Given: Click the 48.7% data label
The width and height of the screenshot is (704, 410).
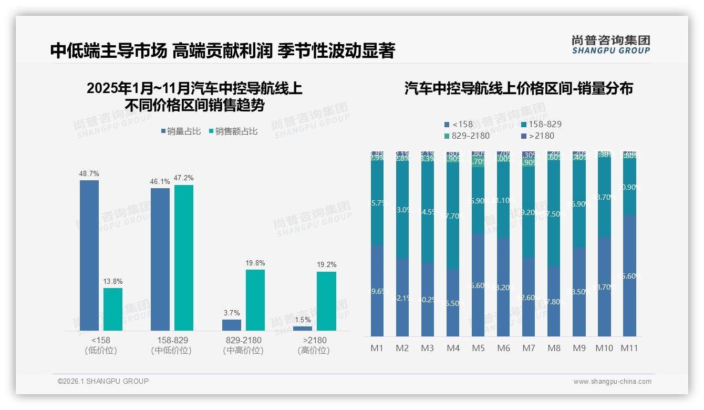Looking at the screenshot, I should click(x=89, y=173).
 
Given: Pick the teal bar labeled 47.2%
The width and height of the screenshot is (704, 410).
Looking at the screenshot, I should click(x=184, y=258).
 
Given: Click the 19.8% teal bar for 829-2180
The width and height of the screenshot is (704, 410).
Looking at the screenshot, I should click(x=255, y=300).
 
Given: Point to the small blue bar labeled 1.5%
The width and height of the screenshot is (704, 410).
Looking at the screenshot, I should click(x=303, y=329).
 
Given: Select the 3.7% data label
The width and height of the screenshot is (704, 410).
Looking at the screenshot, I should click(x=232, y=313).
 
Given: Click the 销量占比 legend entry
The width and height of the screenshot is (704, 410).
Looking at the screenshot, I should click(x=181, y=131).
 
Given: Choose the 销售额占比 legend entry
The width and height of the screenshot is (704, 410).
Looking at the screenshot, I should click(x=233, y=131).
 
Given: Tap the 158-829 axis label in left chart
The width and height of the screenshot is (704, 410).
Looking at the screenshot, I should click(x=172, y=340).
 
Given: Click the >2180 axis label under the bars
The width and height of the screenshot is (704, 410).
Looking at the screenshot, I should click(x=314, y=340).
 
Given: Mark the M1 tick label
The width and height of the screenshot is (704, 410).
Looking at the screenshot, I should click(x=377, y=348).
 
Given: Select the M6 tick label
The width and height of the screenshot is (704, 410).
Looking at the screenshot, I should click(x=503, y=348).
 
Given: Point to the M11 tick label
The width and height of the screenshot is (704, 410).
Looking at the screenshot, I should click(x=629, y=348).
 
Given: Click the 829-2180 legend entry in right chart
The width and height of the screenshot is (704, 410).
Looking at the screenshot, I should click(x=467, y=136).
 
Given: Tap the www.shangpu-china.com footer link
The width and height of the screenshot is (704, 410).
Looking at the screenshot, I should click(x=612, y=382).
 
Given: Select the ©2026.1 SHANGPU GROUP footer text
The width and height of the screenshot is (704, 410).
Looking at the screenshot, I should click(x=103, y=381).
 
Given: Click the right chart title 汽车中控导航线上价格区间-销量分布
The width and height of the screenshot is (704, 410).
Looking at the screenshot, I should click(x=519, y=88).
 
